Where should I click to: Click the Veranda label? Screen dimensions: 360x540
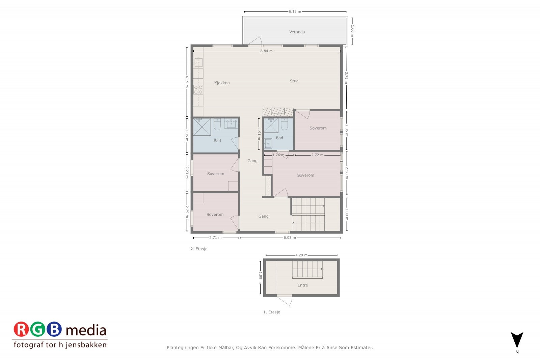(297, 32)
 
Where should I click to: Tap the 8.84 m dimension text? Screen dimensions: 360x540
(266, 51)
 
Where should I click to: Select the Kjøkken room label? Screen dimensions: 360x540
(222, 83)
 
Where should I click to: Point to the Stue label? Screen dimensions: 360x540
(294, 81)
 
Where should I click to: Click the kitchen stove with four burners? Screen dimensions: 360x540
(198, 89)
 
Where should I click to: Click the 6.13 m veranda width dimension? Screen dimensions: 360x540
(295, 11)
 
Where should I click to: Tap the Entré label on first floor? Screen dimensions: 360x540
(303, 285)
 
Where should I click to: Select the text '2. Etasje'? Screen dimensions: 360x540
(199, 249)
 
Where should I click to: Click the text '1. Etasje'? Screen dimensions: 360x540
(272, 312)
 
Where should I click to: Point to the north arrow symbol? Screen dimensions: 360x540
(517, 340)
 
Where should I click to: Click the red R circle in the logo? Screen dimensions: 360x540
(21, 330)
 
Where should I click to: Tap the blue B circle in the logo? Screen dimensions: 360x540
(54, 330)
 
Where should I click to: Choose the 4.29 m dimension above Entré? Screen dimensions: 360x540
(301, 255)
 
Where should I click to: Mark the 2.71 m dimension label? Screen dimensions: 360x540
(215, 238)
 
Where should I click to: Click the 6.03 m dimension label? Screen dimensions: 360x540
(290, 238)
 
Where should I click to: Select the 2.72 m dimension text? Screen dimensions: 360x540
(317, 155)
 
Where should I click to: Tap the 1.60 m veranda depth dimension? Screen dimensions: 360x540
(352, 31)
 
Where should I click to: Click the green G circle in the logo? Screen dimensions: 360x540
(37, 330)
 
